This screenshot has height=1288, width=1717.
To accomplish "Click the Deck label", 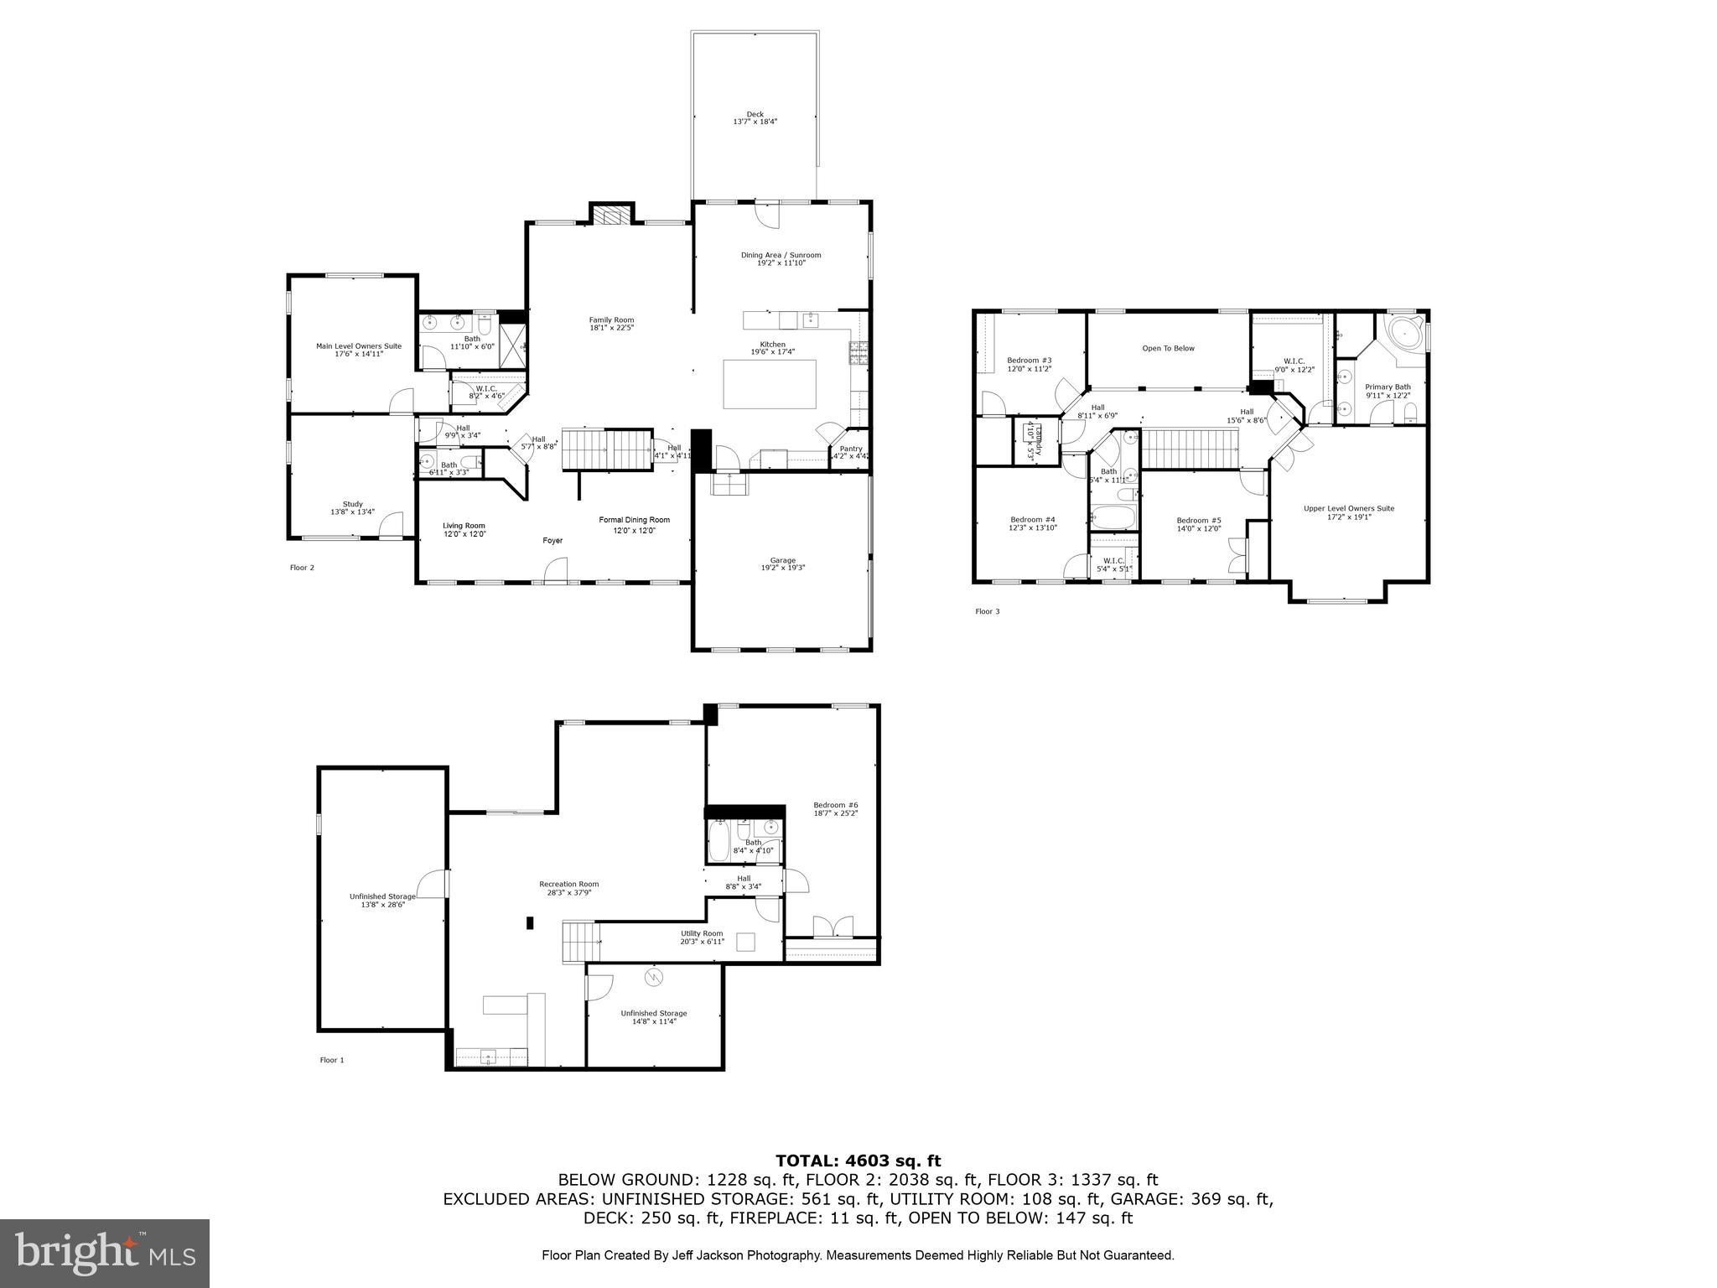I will click(x=755, y=118).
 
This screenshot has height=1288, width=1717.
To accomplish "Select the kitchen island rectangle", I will click(x=770, y=384).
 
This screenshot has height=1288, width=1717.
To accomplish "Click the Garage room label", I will click(x=783, y=563).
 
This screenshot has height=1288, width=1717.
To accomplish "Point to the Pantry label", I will click(x=850, y=452).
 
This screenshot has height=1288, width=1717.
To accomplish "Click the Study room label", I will click(x=352, y=507).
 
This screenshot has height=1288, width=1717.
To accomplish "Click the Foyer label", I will click(x=552, y=541).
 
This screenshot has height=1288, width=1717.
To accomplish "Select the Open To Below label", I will click(x=1168, y=348).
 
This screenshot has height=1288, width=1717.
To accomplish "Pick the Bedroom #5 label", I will click(x=1198, y=524).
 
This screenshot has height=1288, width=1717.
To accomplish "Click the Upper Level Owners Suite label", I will click(x=1348, y=512).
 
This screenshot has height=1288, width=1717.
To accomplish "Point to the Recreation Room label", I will click(x=568, y=888).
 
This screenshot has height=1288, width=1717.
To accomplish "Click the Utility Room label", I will click(x=701, y=937).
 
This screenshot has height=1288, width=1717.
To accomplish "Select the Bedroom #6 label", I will click(x=835, y=808).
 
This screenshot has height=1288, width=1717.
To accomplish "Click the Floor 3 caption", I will click(x=987, y=611).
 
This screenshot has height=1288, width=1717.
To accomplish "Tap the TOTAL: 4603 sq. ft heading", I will click(x=858, y=1161).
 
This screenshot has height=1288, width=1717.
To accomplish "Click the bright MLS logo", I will click(x=105, y=1253).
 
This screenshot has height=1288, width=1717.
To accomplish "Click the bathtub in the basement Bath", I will click(x=719, y=841).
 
